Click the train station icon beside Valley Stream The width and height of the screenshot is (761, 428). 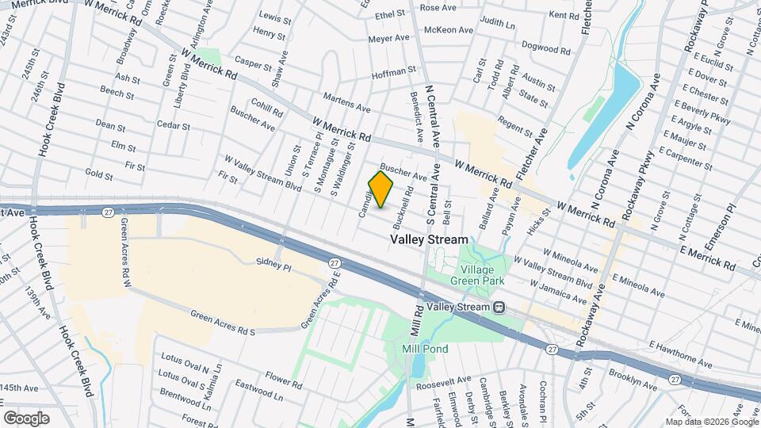click(x=499, y=307)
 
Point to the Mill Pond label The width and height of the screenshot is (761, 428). click(x=425, y=349)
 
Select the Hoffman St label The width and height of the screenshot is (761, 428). click(x=394, y=72)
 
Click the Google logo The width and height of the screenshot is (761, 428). click(x=26, y=418)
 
